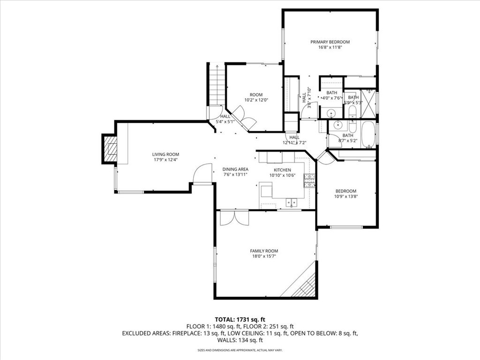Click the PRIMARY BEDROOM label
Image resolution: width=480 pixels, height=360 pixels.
point(330,42)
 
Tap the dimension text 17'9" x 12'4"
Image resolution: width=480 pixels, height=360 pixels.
point(165,160)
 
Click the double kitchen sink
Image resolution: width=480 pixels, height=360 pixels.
point(292,202)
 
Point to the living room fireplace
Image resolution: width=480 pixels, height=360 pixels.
point(110,149)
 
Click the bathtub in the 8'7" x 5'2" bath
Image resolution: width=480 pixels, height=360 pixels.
point(368,133)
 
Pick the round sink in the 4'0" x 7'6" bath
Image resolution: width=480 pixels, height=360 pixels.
point(331,113)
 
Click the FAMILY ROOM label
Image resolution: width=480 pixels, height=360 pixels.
point(264,251)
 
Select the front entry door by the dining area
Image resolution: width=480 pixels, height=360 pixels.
point(202,174)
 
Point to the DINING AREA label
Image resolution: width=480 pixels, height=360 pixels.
point(235,169)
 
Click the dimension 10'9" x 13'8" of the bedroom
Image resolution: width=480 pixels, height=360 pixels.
point(346,197)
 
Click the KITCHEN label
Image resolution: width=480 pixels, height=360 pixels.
point(282,170)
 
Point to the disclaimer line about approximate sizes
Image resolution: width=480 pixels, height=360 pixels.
point(240,350)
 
